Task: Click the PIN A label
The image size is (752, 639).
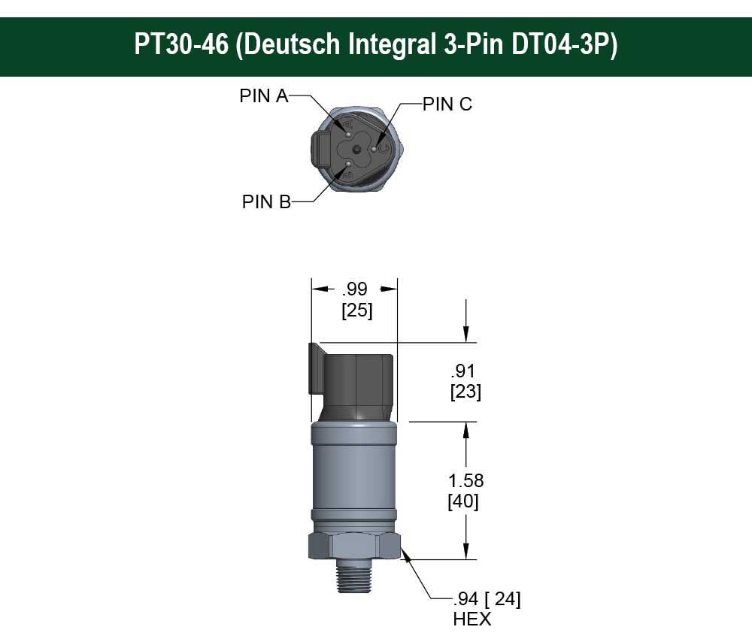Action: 264,96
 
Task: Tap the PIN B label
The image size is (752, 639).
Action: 266,202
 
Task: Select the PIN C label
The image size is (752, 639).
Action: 447,104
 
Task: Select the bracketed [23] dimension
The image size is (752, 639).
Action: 465,392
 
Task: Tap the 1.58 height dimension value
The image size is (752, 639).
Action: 465,480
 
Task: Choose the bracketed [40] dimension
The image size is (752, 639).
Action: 463,501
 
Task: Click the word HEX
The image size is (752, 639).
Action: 472,619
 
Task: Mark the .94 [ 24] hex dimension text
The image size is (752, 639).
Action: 486,599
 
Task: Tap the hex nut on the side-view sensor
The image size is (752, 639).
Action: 353,545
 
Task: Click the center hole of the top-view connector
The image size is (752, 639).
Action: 354,148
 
